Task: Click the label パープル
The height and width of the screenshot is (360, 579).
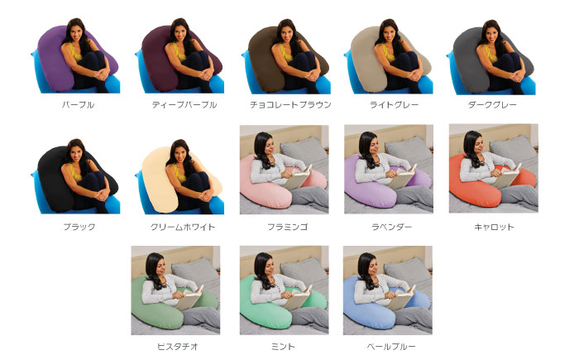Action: (x=79, y=106)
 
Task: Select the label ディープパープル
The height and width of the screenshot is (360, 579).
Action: (x=184, y=106)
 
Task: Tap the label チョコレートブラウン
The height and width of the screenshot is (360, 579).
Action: (x=290, y=106)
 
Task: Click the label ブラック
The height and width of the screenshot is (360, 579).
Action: (x=79, y=227)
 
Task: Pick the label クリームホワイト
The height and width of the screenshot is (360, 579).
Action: (x=184, y=227)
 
